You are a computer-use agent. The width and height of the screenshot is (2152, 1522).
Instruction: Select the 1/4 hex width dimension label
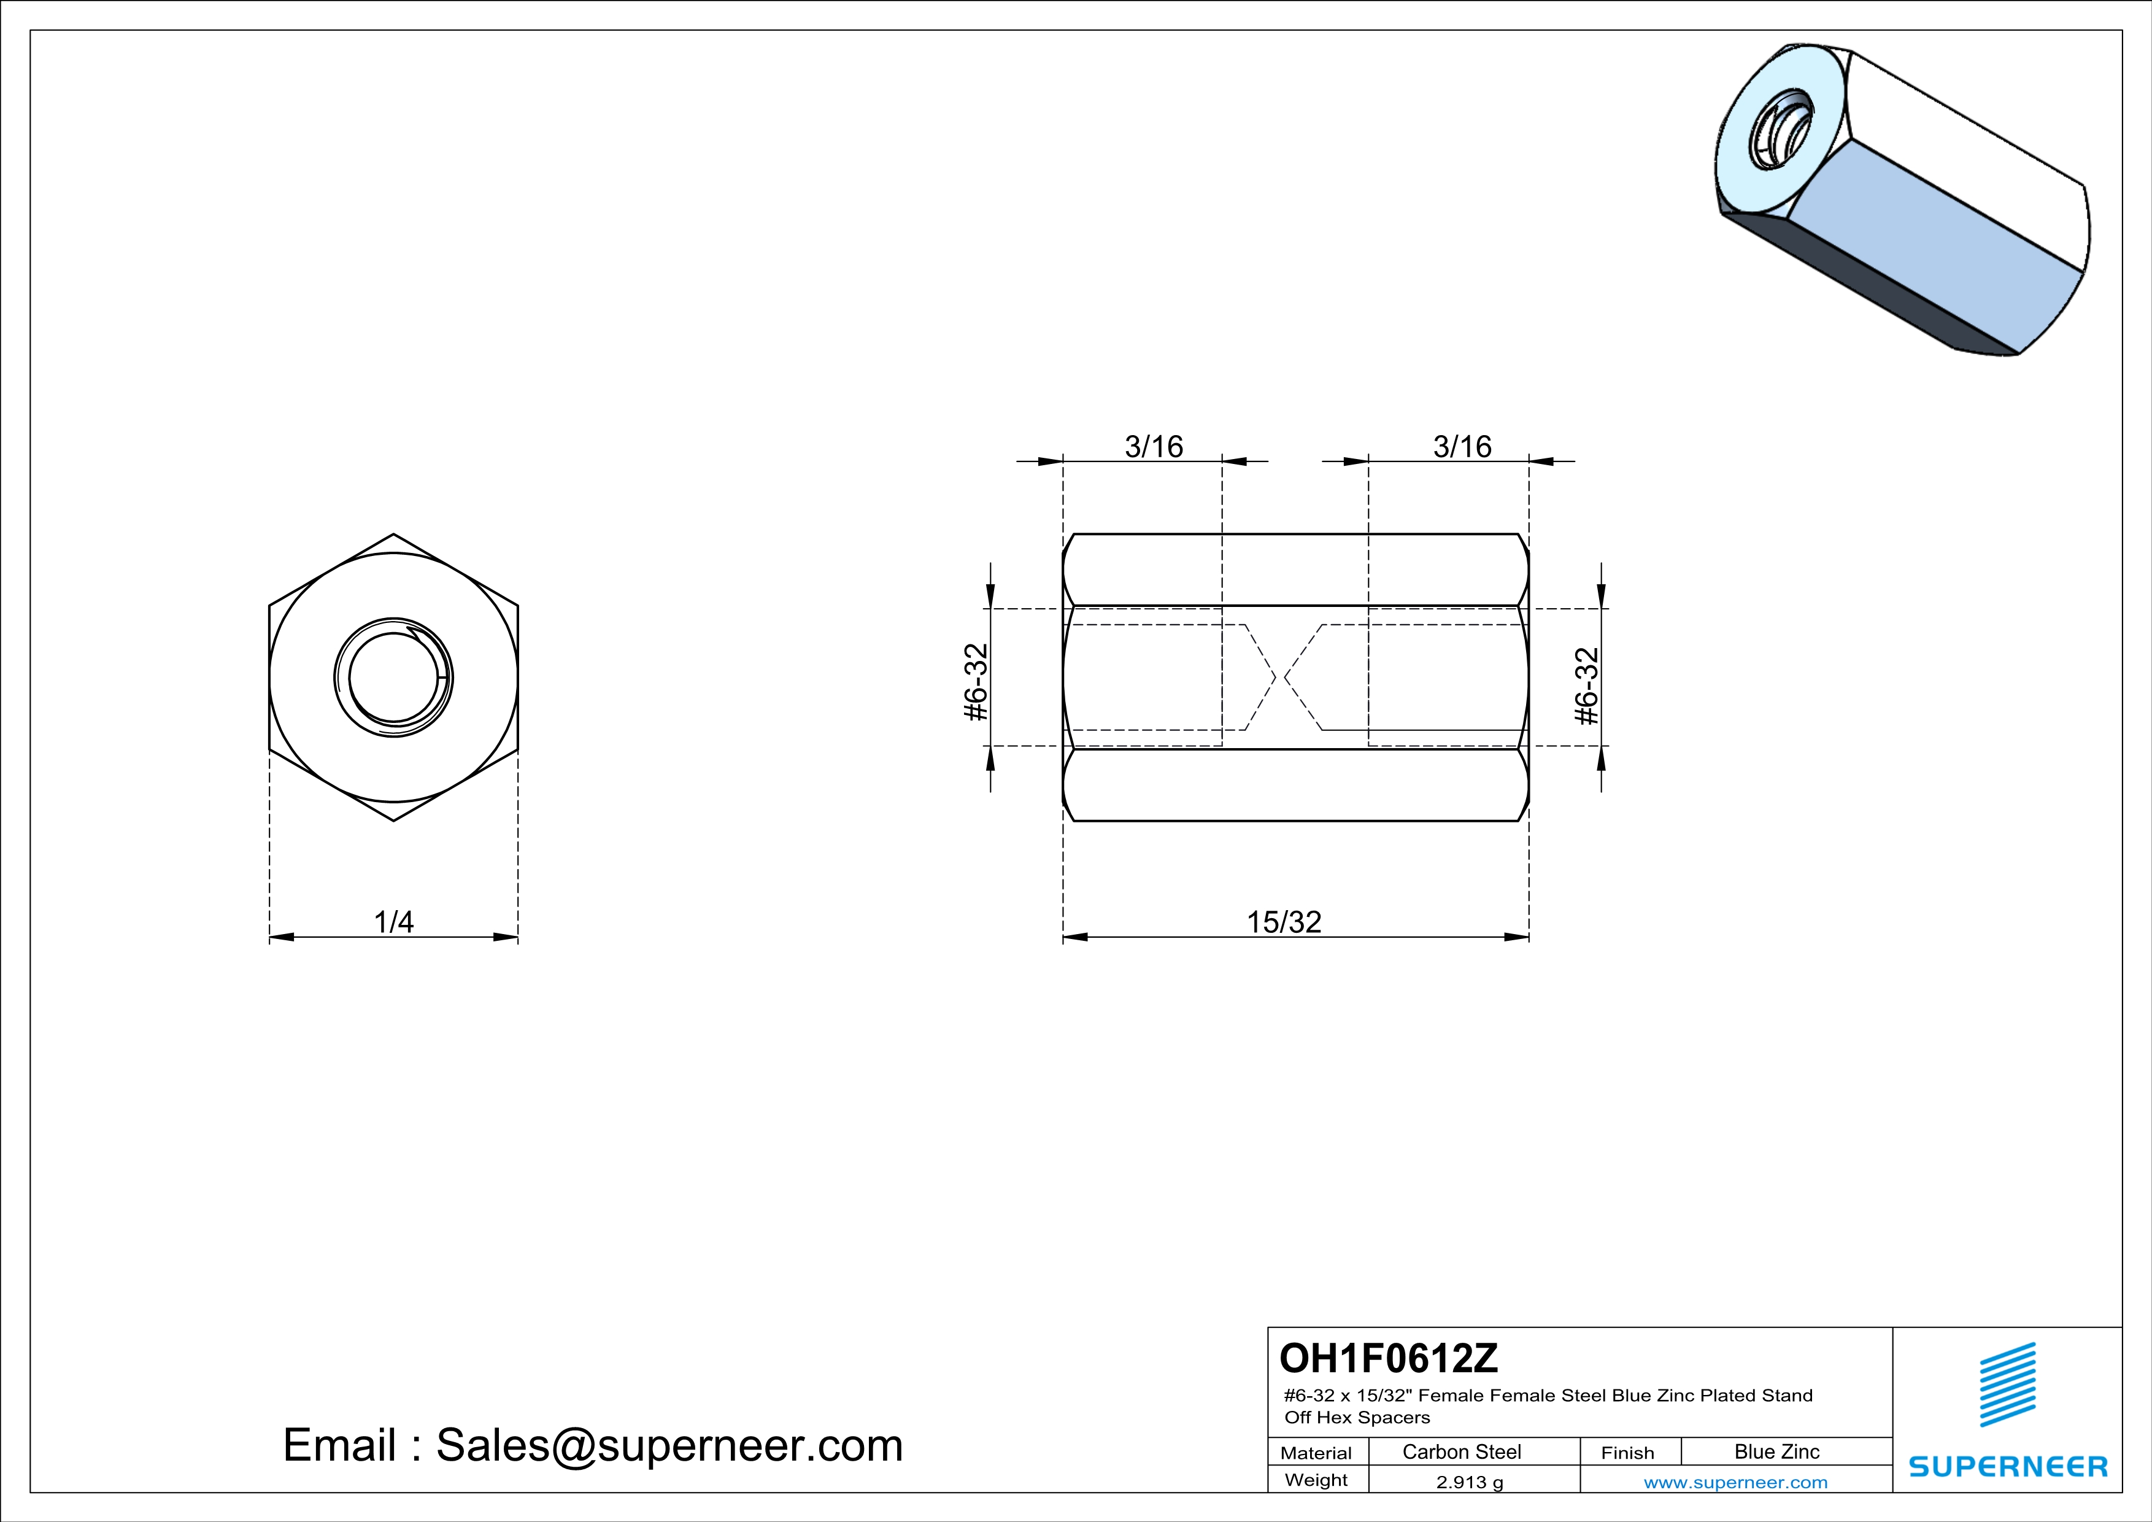pyautogui.click(x=394, y=922)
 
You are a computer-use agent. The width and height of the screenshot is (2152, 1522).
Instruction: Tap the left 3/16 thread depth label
pyautogui.click(x=1154, y=447)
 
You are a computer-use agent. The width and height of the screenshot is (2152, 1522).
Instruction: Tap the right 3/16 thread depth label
pyautogui.click(x=1462, y=447)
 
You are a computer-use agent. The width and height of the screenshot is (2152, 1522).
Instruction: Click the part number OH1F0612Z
pyautogui.click(x=1389, y=1358)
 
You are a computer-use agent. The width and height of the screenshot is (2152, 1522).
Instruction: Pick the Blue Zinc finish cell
pyautogui.click(x=1777, y=1451)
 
